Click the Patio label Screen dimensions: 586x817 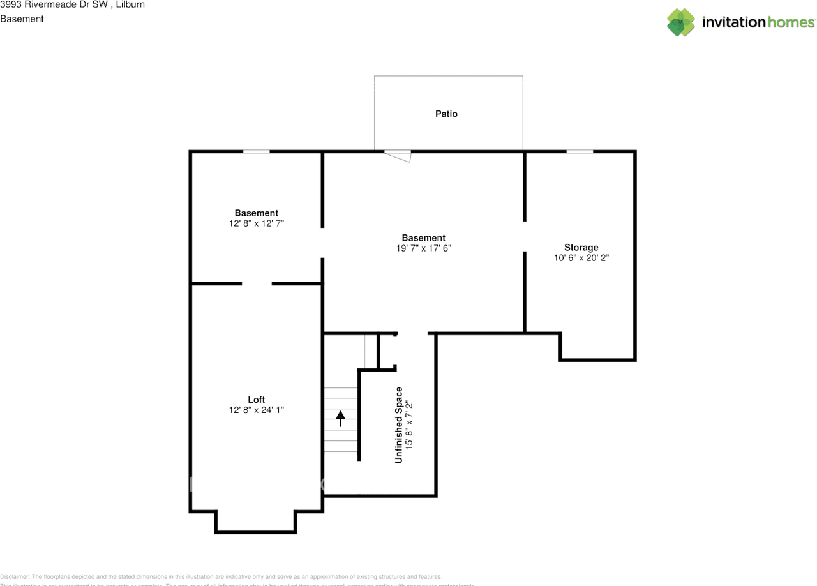(x=446, y=114)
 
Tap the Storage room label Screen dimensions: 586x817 (x=581, y=247)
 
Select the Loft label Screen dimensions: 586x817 (x=256, y=400)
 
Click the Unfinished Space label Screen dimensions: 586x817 (x=399, y=424)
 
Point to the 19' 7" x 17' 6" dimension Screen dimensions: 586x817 (x=423, y=248)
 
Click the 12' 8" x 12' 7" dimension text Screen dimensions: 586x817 (x=256, y=223)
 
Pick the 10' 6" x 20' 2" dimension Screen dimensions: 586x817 (x=581, y=258)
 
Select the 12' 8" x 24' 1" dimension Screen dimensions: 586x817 (x=256, y=410)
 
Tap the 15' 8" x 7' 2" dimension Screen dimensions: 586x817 (x=410, y=424)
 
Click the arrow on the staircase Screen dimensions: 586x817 (x=340, y=418)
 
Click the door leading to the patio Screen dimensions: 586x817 (x=398, y=154)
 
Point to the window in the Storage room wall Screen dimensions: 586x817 (x=579, y=151)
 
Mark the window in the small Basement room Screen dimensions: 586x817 (x=256, y=151)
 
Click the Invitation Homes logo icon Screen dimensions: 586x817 (x=681, y=22)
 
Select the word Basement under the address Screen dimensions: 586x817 (x=22, y=19)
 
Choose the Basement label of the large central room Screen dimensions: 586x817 (x=423, y=237)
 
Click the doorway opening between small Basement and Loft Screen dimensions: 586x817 (x=257, y=283)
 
